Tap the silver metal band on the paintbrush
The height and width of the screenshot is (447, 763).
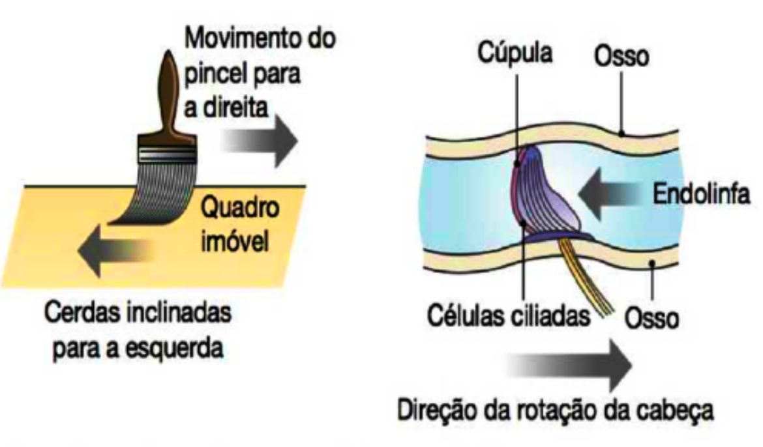pos(166,154)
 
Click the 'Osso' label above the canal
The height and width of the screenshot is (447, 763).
pos(622,57)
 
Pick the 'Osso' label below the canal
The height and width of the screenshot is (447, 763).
pos(652,319)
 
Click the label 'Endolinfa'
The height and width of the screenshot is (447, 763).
pos(700,193)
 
